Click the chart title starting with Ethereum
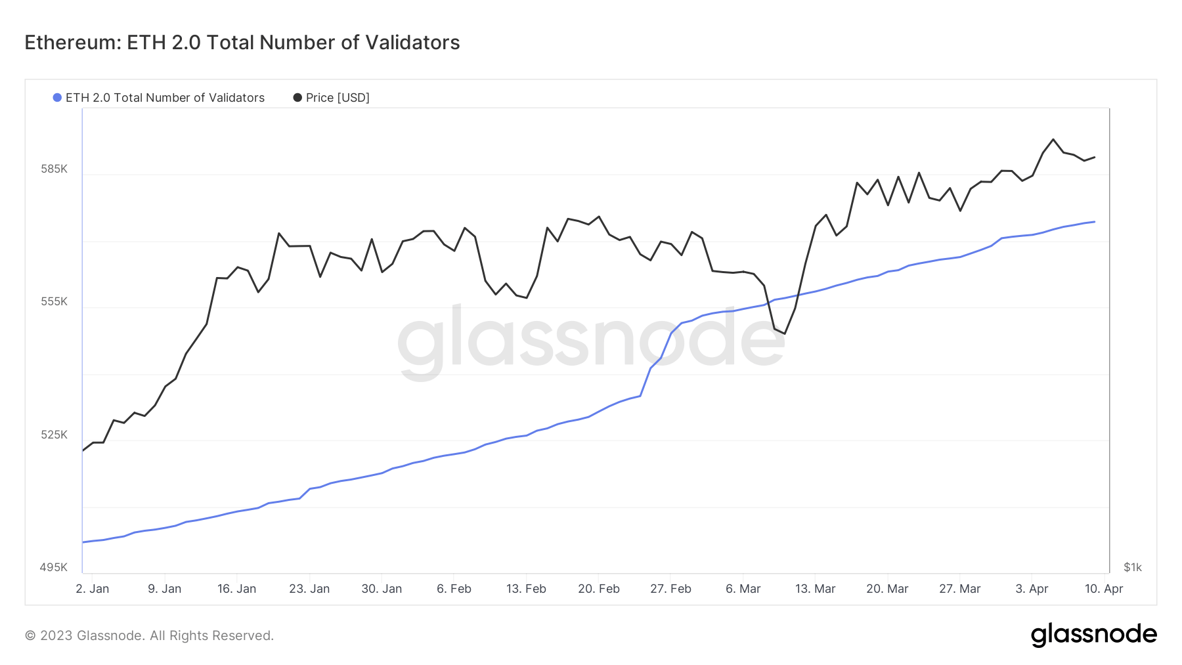[x=242, y=43]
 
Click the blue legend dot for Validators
[x=57, y=98]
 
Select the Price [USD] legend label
[x=338, y=98]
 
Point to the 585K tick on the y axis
[x=54, y=169]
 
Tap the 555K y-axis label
[x=54, y=301]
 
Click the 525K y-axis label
[x=54, y=435]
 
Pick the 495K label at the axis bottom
[x=54, y=567]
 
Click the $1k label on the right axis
[x=1133, y=567]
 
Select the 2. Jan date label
[x=93, y=589]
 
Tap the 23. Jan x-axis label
[x=309, y=589]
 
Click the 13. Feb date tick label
[x=526, y=589]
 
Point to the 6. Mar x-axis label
[x=743, y=589]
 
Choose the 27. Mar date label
[x=959, y=589]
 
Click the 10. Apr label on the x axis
[x=1104, y=589]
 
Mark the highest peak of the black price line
[x=1053, y=139]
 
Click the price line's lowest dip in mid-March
[x=785, y=333]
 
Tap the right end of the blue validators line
[x=1094, y=222]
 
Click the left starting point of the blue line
[x=83, y=542]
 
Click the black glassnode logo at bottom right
[x=1093, y=635]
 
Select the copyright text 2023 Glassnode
[x=149, y=635]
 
